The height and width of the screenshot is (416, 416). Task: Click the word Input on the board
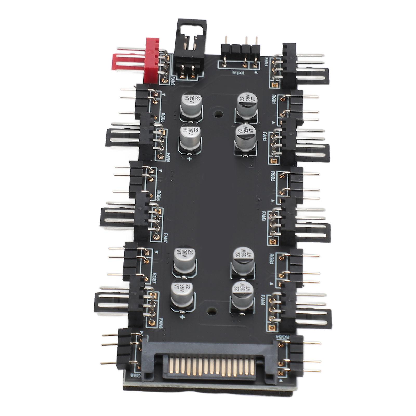coord(238,73)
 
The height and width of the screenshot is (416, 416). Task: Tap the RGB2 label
coord(273,176)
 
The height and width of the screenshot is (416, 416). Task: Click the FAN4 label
coord(263,299)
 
